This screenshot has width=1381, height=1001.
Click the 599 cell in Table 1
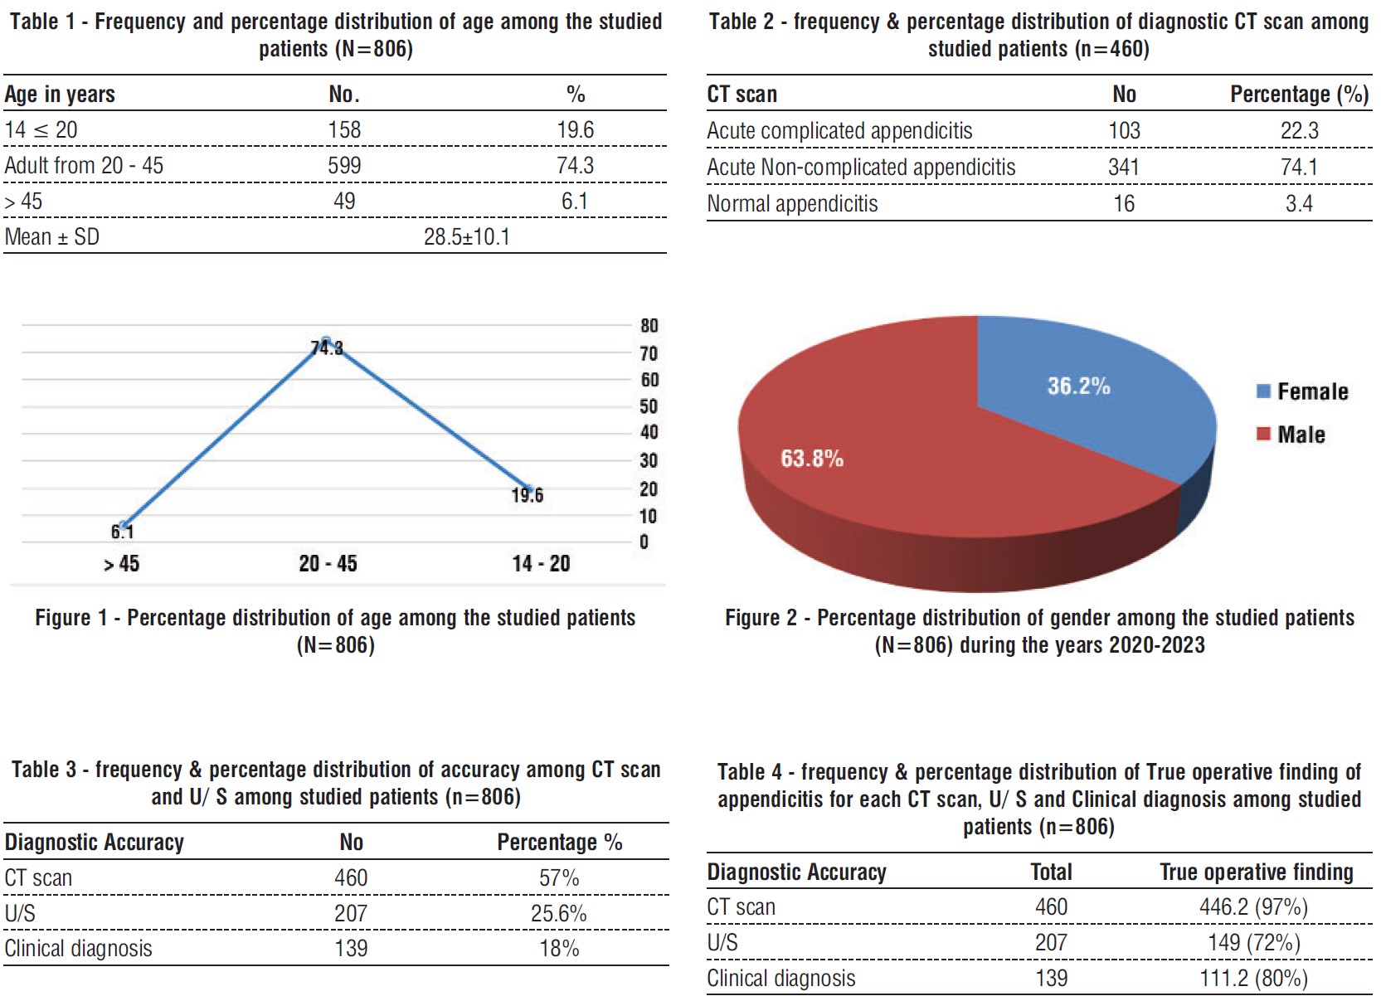tap(344, 165)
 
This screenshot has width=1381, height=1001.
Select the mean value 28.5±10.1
tap(466, 237)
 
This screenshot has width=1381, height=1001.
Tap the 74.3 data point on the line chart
tap(327, 341)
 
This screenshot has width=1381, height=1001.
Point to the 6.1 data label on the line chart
tap(122, 532)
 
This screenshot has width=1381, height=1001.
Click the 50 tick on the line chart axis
tap(649, 406)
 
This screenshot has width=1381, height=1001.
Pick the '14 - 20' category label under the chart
tap(541, 564)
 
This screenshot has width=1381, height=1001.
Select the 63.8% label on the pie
tap(811, 459)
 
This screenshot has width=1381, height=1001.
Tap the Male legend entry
tap(1301, 435)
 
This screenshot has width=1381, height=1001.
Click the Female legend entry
tap(1312, 391)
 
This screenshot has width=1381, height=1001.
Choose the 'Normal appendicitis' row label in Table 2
tap(791, 204)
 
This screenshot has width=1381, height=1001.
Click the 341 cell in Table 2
tap(1124, 168)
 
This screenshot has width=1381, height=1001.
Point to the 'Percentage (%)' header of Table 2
tap(1299, 95)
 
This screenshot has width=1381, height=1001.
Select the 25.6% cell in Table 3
tap(558, 914)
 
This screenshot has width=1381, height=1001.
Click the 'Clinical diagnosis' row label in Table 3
tap(78, 949)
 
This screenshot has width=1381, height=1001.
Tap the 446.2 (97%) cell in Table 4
tap(1253, 907)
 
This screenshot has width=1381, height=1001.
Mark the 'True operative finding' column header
tap(1256, 872)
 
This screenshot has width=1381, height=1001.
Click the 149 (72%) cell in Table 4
tap(1253, 943)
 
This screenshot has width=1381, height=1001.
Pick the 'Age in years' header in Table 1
tap(60, 95)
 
